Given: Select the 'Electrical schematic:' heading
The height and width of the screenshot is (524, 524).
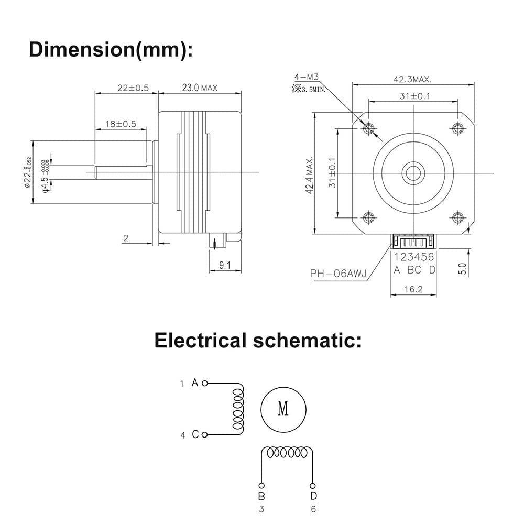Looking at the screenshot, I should tap(258, 341).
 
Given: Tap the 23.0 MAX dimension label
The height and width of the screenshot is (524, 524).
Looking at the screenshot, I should tap(200, 88).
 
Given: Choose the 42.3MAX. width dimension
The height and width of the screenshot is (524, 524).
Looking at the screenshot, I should tap(412, 79).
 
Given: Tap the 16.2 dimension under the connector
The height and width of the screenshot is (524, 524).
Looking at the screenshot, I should tap(413, 289).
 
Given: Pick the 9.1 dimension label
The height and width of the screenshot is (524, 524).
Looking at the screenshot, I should tap(225, 266).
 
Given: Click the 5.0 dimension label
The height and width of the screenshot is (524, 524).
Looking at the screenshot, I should tap(462, 269).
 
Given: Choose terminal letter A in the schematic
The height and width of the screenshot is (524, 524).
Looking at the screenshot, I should tap(195, 383).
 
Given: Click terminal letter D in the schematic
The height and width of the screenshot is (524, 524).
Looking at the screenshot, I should tap(313, 496).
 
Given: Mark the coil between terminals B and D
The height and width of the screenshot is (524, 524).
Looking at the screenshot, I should tap(287, 452).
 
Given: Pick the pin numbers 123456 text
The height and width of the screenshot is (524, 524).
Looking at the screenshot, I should tap(414, 257).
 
